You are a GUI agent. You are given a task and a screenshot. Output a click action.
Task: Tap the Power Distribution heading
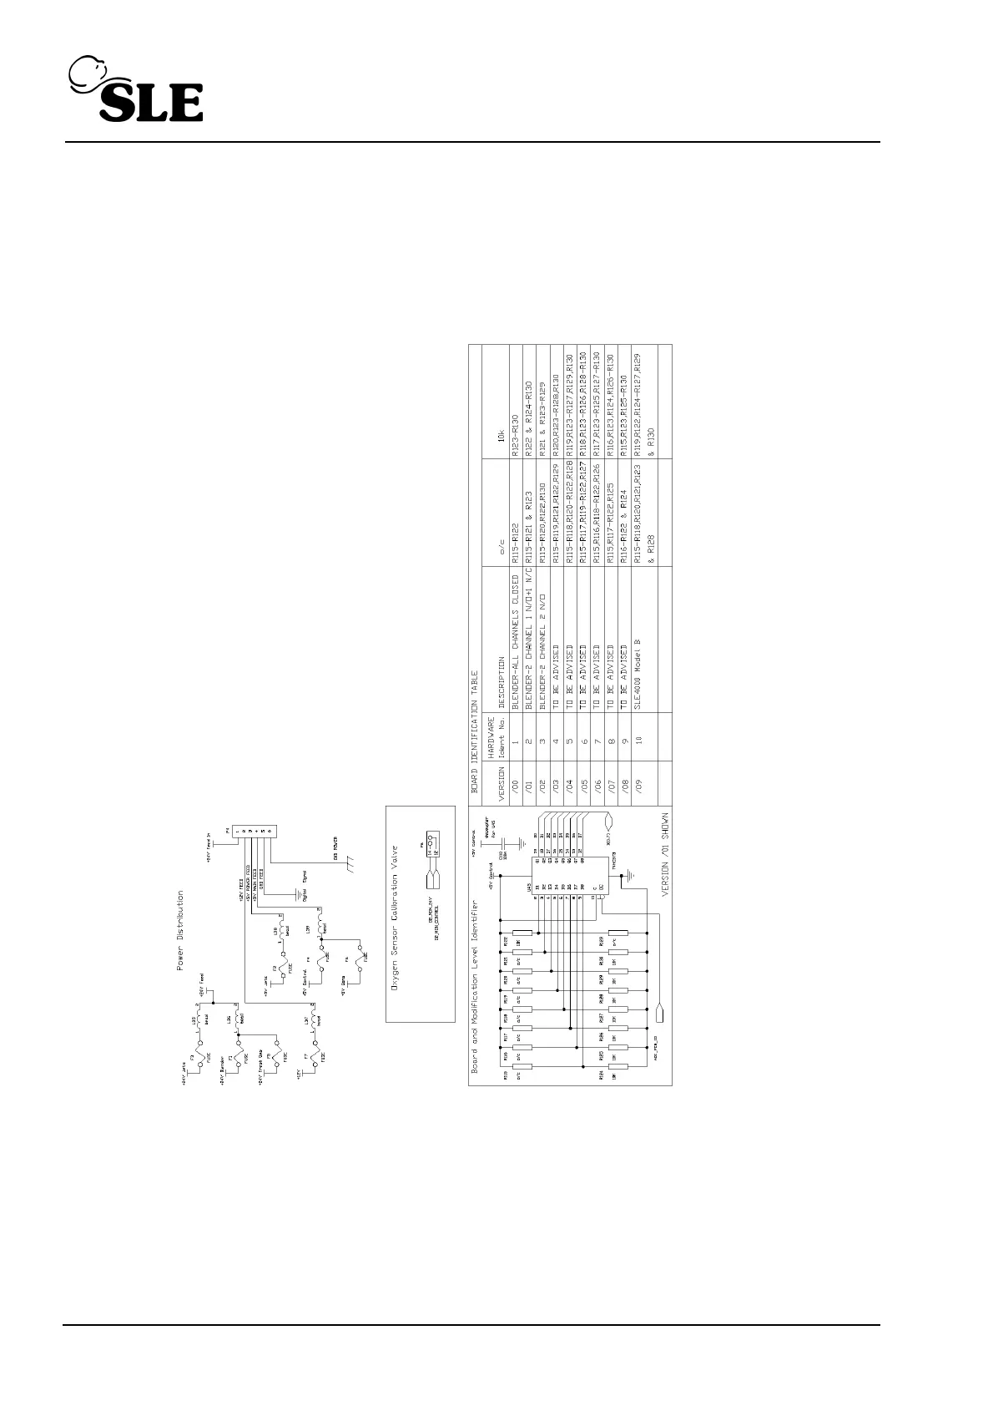pos(179,930)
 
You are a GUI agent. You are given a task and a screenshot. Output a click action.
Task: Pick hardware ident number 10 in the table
pos(638,739)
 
